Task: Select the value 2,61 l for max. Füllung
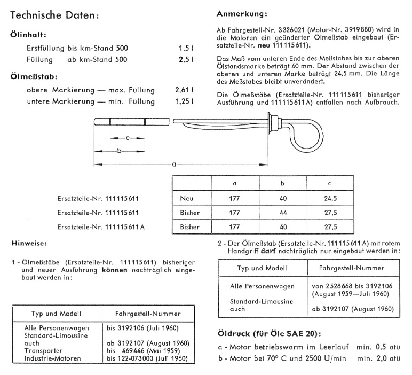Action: pyautogui.click(x=184, y=90)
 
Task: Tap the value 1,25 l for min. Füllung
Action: pyautogui.click(x=184, y=101)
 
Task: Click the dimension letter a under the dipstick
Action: pyautogui.click(x=175, y=164)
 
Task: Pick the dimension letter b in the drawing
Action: pyautogui.click(x=119, y=151)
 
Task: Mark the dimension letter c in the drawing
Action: pyautogui.click(x=127, y=138)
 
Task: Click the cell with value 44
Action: pyautogui.click(x=283, y=212)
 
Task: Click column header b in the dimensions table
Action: pyautogui.click(x=283, y=184)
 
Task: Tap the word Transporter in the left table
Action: pyautogui.click(x=44, y=351)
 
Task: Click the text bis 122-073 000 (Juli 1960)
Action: pyautogui.click(x=147, y=358)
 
